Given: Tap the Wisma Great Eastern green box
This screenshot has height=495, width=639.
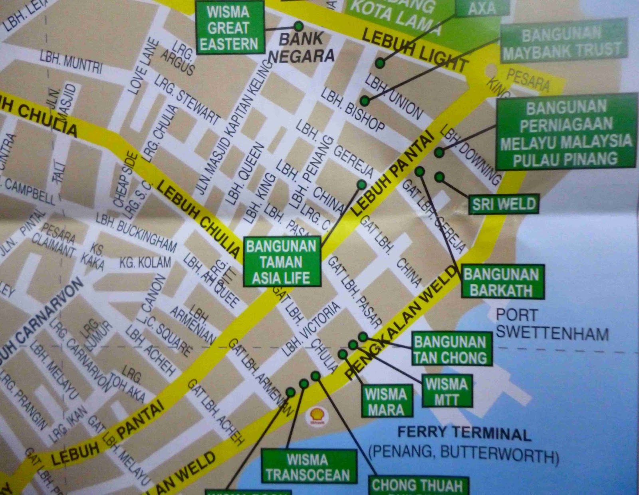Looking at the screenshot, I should tap(229, 28).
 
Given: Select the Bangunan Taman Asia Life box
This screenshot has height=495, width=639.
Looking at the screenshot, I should tap(282, 262).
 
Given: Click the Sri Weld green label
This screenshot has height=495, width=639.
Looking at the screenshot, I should tap(504, 204).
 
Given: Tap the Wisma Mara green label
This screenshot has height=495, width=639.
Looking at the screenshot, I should tap(386, 402).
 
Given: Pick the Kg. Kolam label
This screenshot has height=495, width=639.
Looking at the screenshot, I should tap(145, 262).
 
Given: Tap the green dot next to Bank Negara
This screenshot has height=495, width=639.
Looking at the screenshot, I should tap(298, 26).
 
